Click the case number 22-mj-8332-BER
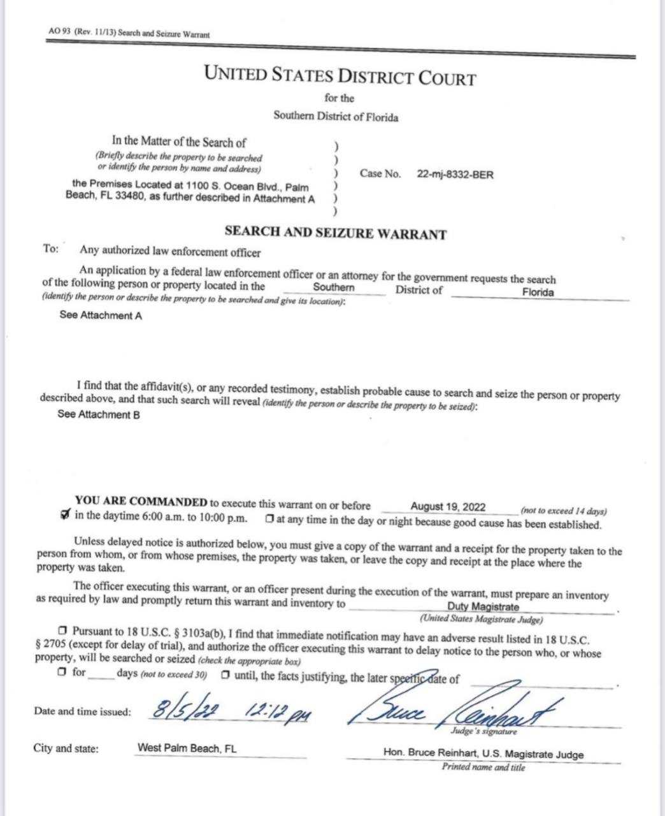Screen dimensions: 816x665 (x=455, y=175)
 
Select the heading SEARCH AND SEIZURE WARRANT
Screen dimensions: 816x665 (x=335, y=234)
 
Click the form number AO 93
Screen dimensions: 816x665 (x=59, y=31)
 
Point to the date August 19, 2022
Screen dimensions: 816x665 (x=448, y=507)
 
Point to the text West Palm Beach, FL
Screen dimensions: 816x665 (x=187, y=748)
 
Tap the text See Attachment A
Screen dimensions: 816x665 (x=101, y=316)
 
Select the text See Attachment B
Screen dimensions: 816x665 (x=99, y=415)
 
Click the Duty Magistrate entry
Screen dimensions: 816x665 (x=483, y=607)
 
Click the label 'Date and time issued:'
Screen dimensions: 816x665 (x=82, y=712)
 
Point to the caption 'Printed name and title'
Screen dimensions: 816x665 (x=483, y=768)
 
